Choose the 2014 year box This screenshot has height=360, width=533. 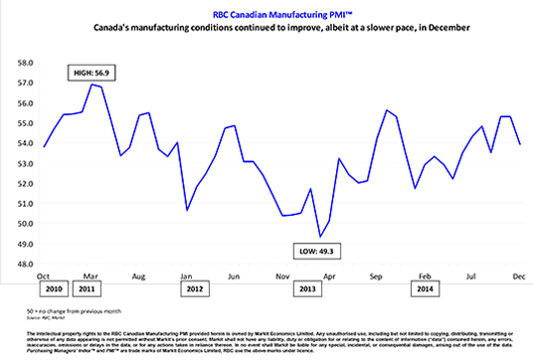click(425, 289)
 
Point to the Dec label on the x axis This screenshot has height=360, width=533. click(519, 274)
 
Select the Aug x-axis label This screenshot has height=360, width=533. click(140, 274)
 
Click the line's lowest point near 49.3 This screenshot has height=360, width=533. click(319, 237)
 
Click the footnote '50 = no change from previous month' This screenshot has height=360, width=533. click(81, 310)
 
